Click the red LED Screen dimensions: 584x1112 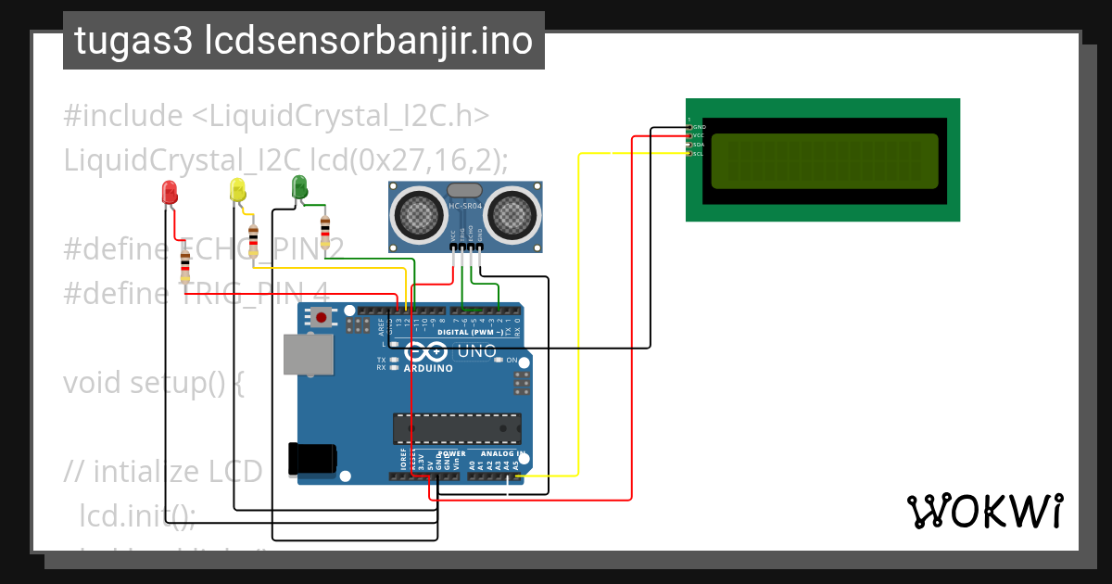[x=170, y=193]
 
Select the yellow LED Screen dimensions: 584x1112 [x=238, y=190]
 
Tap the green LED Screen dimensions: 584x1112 [x=298, y=186]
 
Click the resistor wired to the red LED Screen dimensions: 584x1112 [x=185, y=266]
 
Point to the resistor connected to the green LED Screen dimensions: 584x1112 [x=324, y=227]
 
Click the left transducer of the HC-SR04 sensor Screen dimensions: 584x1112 [x=418, y=214]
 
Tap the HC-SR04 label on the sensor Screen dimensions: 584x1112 [x=464, y=206]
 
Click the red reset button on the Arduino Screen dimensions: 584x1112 [x=321, y=317]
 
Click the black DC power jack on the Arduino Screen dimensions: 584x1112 [x=311, y=460]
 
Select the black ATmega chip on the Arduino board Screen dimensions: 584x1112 [x=456, y=429]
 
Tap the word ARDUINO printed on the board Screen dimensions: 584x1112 [x=428, y=368]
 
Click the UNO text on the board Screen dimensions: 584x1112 [x=477, y=351]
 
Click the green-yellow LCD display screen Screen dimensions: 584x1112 [x=824, y=160]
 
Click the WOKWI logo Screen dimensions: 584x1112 [x=984, y=511]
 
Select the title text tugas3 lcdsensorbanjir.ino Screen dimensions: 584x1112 [x=303, y=41]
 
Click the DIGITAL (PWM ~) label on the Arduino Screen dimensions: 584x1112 [x=470, y=332]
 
